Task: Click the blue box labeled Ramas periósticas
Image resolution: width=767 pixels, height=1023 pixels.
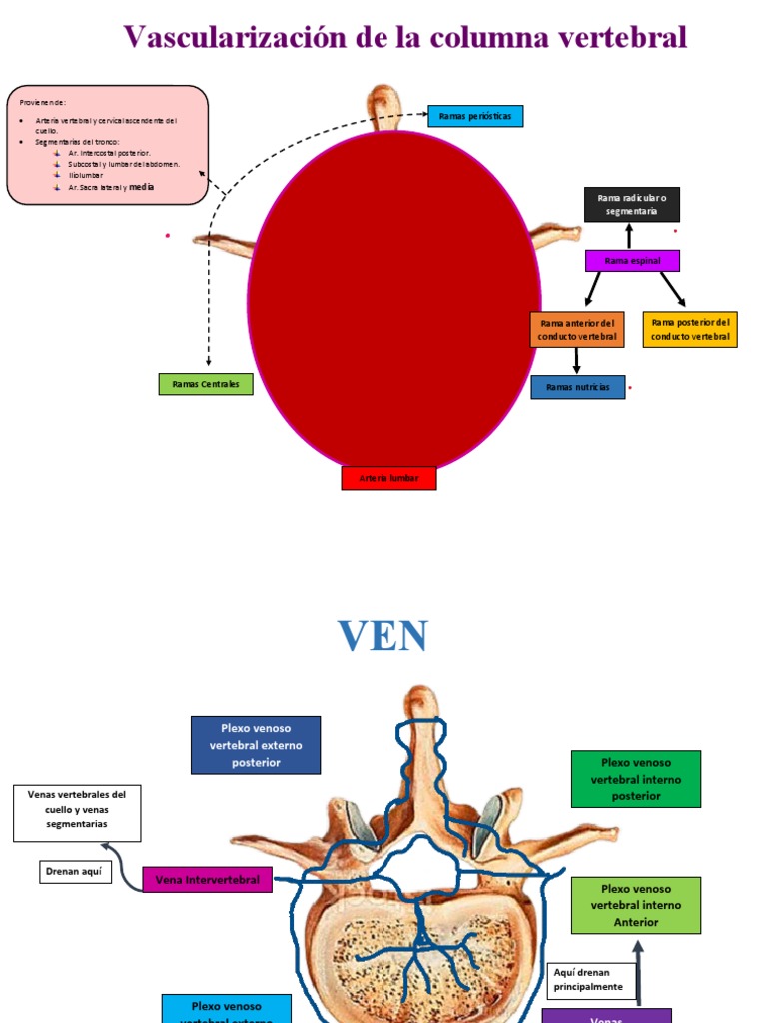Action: [x=475, y=117]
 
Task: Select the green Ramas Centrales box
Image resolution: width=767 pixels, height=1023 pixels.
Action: [x=206, y=384]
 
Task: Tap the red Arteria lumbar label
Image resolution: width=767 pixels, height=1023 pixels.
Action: [x=388, y=479]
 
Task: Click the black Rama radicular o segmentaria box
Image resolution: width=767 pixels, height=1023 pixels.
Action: [x=631, y=205]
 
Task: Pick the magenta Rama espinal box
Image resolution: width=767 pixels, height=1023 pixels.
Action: [x=632, y=261]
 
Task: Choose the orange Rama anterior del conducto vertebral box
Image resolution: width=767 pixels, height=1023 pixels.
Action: [x=577, y=330]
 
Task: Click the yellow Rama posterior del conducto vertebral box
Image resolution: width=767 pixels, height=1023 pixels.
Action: [x=690, y=329]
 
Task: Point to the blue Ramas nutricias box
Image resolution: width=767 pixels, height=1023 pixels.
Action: [x=578, y=387]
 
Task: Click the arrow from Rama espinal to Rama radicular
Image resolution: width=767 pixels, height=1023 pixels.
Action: [x=629, y=236]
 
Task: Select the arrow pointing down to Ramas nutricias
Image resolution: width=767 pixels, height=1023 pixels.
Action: [x=577, y=361]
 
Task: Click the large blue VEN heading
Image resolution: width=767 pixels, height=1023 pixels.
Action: [x=383, y=635]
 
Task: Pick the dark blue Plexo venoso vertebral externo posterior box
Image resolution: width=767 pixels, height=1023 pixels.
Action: [x=256, y=745]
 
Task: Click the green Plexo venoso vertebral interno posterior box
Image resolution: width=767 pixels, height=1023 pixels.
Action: [x=636, y=779]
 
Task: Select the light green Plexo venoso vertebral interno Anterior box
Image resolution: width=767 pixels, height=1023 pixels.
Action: [x=636, y=905]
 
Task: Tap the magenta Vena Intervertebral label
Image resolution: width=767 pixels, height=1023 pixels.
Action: [x=207, y=880]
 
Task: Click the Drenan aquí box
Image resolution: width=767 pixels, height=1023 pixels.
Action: [x=74, y=872]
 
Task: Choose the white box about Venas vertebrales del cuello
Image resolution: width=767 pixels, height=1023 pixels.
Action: [x=77, y=813]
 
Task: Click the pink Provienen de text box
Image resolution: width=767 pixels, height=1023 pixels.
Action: [x=108, y=145]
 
